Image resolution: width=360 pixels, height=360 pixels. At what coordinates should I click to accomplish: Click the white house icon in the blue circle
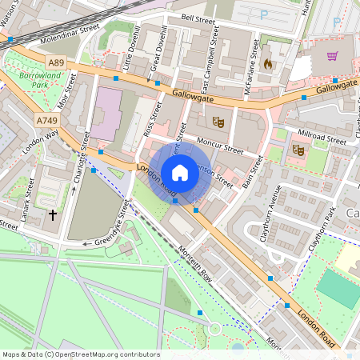(x=179, y=172)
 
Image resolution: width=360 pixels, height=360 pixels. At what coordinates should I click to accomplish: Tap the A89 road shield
(x=56, y=62)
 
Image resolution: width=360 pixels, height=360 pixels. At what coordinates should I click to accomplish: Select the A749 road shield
(x=46, y=120)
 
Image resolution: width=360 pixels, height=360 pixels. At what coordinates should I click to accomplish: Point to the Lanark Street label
(x=30, y=199)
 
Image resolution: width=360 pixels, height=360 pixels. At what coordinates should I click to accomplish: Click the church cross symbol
(x=53, y=215)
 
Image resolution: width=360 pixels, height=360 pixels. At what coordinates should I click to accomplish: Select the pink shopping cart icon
(x=331, y=56)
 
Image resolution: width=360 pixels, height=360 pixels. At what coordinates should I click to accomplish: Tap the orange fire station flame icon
(x=267, y=61)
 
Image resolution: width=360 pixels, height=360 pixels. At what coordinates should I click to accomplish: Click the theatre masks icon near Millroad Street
(x=298, y=149)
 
